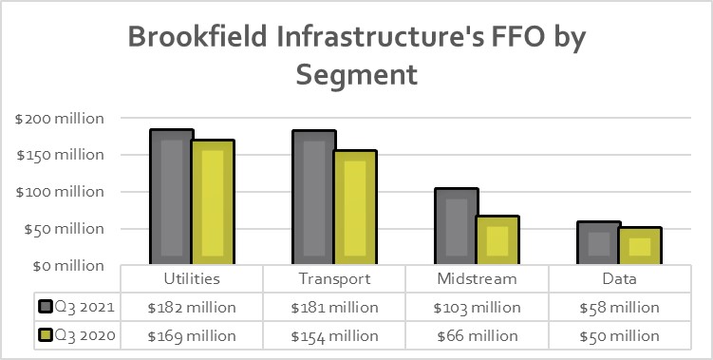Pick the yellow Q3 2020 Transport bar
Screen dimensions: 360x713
[355, 207]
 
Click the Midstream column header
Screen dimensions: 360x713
[477, 279]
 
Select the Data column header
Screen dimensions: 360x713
[619, 279]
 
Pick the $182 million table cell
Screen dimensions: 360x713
[192, 308]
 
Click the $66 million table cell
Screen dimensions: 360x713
[477, 336]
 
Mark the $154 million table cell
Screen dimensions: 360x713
[334, 336]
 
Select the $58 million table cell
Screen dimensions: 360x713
[619, 308]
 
